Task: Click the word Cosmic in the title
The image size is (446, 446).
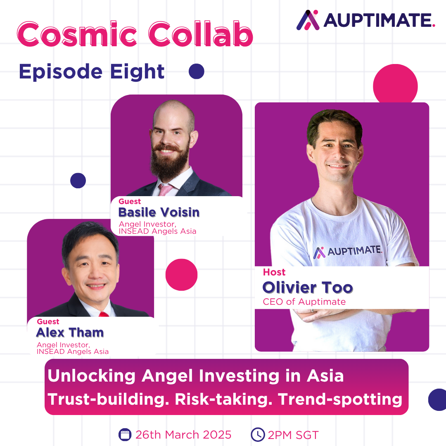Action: (x=77, y=34)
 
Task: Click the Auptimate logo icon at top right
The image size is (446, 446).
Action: (x=308, y=20)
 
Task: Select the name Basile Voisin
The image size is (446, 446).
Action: (x=159, y=213)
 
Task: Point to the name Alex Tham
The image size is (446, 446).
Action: (x=70, y=332)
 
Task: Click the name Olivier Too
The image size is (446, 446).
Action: (x=308, y=287)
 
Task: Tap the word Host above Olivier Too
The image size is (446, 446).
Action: (x=274, y=272)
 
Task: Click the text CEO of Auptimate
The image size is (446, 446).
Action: (x=304, y=302)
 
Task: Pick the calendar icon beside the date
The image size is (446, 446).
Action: (x=125, y=434)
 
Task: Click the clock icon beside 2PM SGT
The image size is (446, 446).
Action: (x=258, y=434)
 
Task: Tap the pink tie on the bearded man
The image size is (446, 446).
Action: (x=165, y=190)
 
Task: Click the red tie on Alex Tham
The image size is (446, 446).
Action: (x=104, y=314)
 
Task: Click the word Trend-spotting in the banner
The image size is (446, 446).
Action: (x=340, y=400)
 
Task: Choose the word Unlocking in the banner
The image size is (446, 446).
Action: (x=91, y=376)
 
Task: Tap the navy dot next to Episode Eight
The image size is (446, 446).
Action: (x=197, y=71)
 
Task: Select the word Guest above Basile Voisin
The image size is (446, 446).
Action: (x=130, y=202)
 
